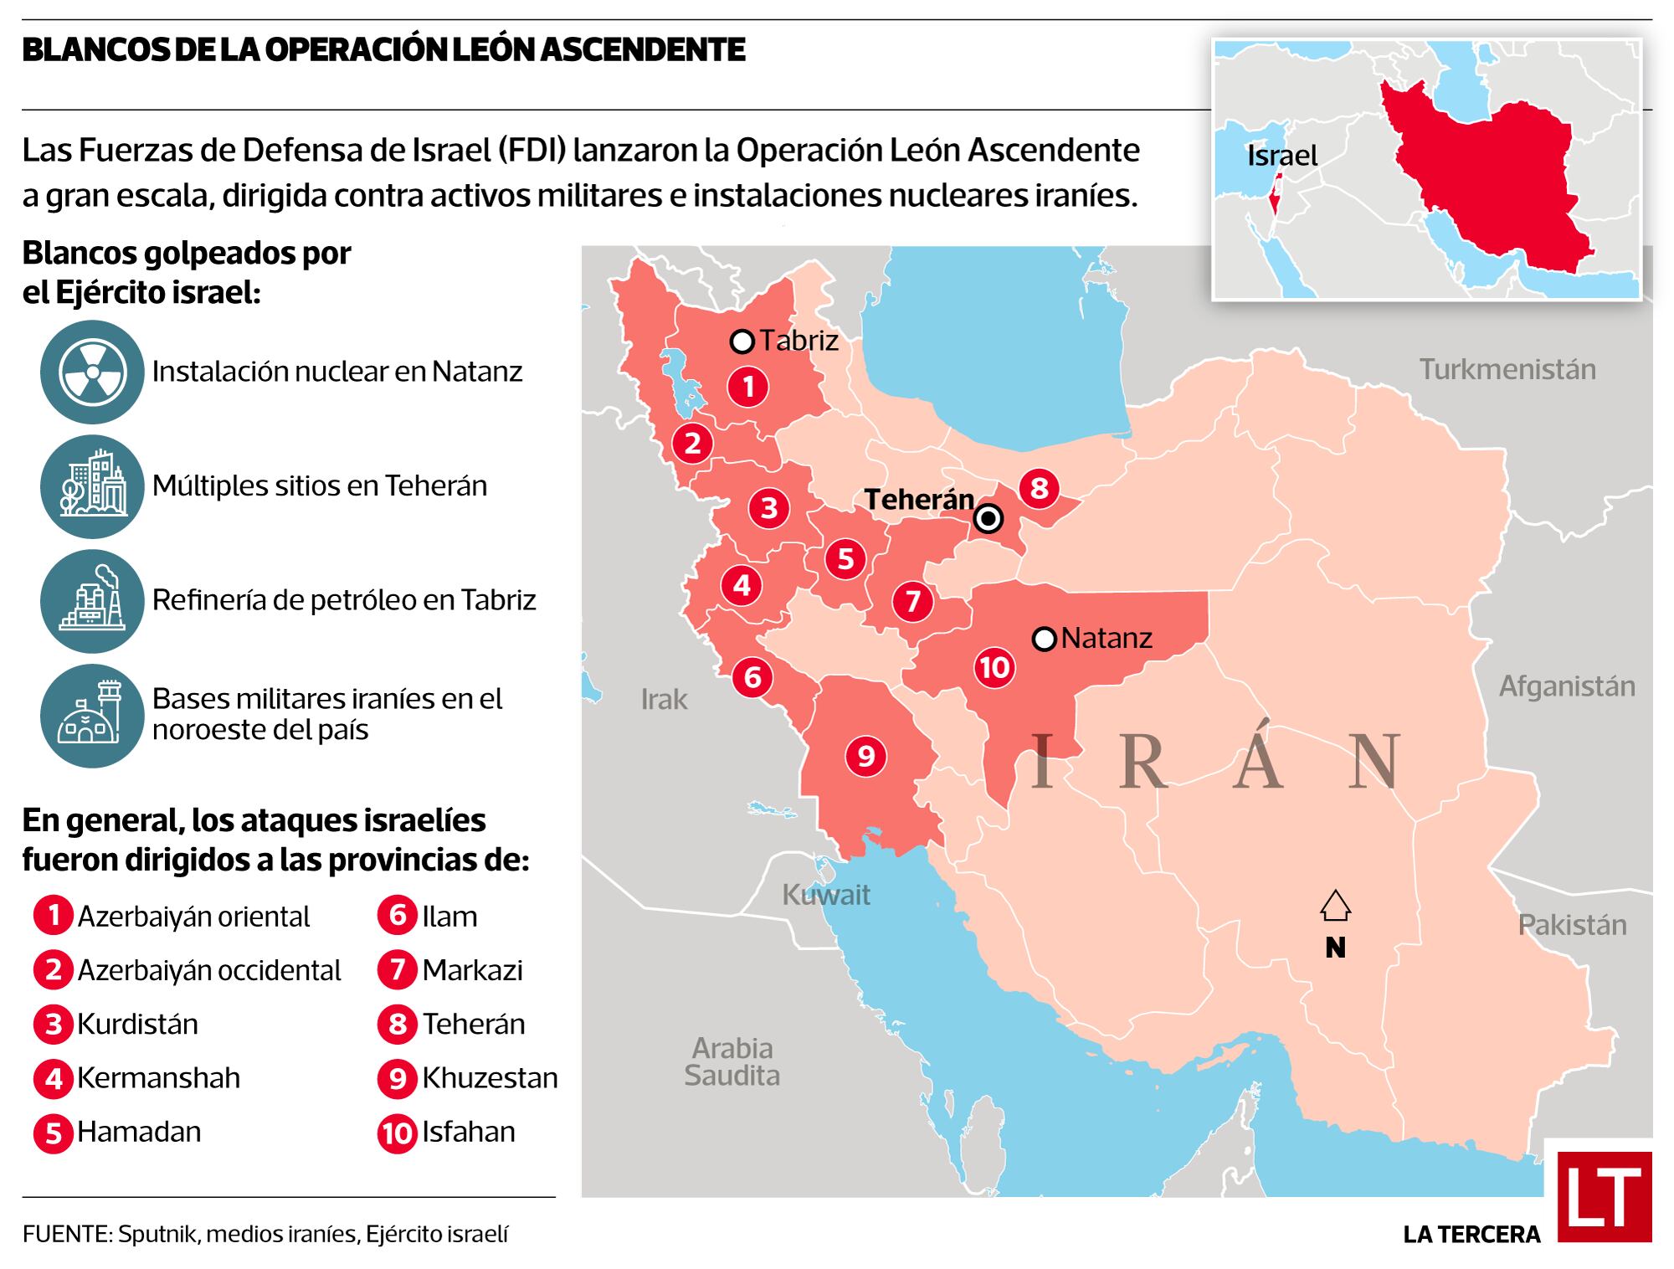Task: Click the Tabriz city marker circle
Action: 742,342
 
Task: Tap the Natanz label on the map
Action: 1107,639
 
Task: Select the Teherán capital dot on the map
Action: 989,519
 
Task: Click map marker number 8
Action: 1039,488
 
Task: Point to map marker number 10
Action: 994,667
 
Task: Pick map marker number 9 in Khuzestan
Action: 865,757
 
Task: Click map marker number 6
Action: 752,676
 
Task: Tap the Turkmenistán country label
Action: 1507,369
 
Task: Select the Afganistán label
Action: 1566,686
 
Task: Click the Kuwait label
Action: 826,895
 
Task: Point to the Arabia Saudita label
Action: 732,1061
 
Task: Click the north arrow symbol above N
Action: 1335,906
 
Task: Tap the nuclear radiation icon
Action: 92,372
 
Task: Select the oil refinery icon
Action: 92,600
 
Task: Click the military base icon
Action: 92,715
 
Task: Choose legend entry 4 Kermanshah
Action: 138,1078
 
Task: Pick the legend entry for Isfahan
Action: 448,1133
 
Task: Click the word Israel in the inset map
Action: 1281,156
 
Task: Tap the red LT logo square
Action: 1604,1196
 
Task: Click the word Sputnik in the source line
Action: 157,1234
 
